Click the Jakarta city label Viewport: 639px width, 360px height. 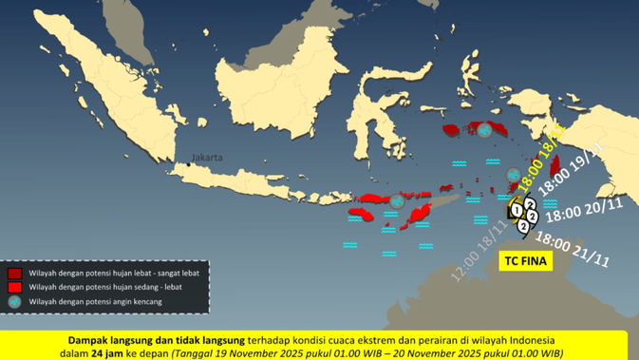click(x=206, y=157)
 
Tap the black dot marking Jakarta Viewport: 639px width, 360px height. click(x=188, y=164)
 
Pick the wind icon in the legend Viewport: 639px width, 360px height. click(x=13, y=302)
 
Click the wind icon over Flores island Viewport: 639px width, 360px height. click(x=397, y=201)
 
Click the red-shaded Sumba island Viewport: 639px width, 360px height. click(x=366, y=214)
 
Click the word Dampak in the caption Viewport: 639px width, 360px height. click(x=91, y=338)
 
